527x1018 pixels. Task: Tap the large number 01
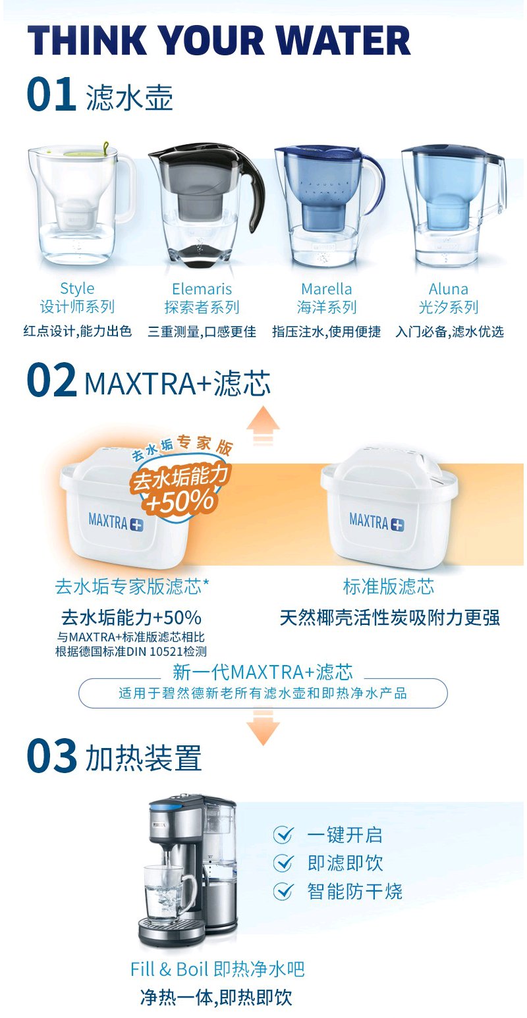click(x=51, y=94)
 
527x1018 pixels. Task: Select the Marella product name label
click(x=327, y=288)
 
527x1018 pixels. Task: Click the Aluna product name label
click(x=449, y=288)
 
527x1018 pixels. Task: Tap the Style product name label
click(x=77, y=288)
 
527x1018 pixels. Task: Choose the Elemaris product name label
click(x=202, y=288)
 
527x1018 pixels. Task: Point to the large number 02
click(x=51, y=380)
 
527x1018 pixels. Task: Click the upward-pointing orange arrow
click(x=263, y=425)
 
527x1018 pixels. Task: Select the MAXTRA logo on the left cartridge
click(x=115, y=522)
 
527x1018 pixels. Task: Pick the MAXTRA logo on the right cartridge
click(x=377, y=521)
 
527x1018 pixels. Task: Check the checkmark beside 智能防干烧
click(x=283, y=891)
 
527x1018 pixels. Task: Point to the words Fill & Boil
click(x=169, y=969)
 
